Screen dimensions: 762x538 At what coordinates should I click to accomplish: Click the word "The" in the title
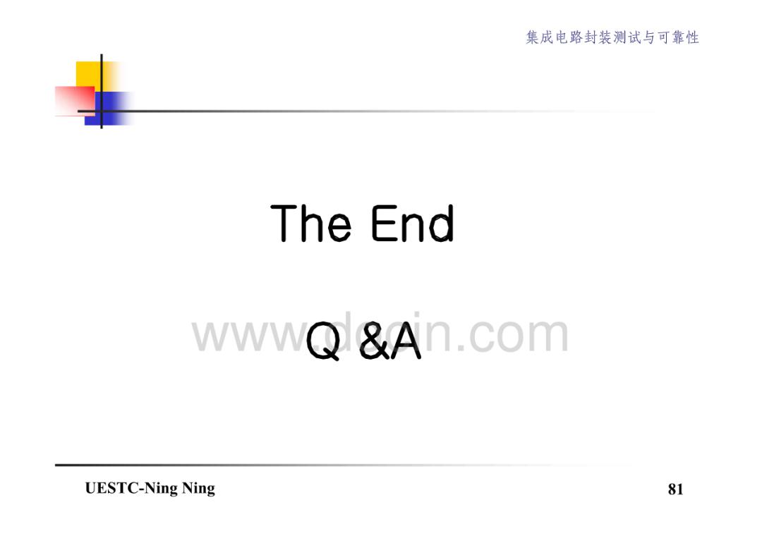[x=310, y=223]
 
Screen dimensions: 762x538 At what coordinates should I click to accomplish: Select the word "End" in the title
[x=413, y=223]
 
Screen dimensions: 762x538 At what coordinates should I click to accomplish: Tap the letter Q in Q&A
[x=323, y=341]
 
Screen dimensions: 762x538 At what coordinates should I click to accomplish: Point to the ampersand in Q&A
[x=374, y=341]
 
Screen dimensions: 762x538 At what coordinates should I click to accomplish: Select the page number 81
[x=675, y=489]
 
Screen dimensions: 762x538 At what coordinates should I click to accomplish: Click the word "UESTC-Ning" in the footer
[x=131, y=489]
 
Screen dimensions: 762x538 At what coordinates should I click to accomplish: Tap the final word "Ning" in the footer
[x=199, y=489]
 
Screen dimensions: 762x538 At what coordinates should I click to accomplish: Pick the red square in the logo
[x=75, y=101]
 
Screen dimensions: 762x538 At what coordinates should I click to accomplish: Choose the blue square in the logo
[x=109, y=109]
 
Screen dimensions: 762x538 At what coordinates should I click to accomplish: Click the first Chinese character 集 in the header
[x=533, y=37]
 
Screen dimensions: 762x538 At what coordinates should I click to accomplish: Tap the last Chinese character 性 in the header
[x=692, y=37]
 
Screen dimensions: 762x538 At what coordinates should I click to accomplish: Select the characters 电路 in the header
[x=569, y=37]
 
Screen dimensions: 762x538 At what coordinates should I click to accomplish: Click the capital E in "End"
[x=383, y=224]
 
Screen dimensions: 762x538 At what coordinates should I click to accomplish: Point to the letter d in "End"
[x=441, y=224]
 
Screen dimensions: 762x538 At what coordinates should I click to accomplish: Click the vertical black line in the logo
[x=102, y=91]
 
